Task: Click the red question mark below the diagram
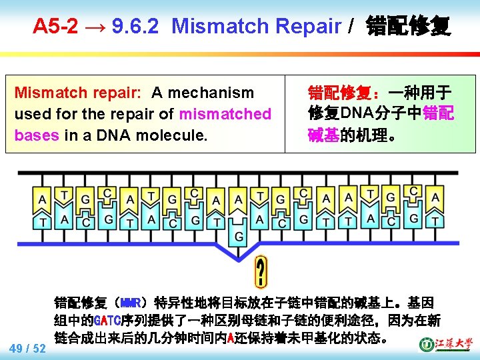261,273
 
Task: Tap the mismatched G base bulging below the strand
238,236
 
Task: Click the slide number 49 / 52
27,348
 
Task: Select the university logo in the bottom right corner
445,343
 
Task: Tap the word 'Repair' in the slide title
304,27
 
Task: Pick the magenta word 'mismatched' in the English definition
225,114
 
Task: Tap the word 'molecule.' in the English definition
175,135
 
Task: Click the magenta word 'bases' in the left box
37,135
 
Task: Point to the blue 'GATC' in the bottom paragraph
107,320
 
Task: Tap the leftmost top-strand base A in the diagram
43,199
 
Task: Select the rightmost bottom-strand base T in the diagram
435,220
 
